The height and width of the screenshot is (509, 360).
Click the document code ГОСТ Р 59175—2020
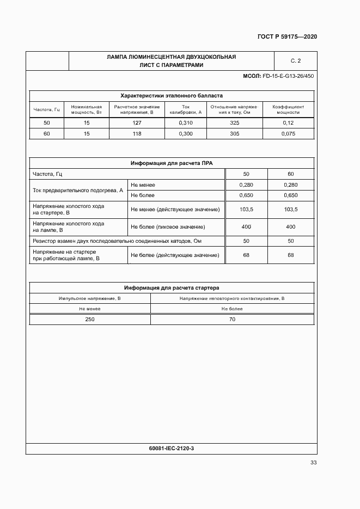point(287,37)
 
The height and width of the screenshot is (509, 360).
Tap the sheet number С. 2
point(296,61)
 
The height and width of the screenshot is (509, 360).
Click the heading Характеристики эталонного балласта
point(171,95)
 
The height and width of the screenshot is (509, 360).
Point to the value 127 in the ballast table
point(137,123)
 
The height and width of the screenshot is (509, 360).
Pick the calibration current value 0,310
point(186,123)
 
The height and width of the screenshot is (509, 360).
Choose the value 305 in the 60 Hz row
point(235,133)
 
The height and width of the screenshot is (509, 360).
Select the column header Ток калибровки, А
point(186,109)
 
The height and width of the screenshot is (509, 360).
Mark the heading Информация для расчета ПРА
point(171,163)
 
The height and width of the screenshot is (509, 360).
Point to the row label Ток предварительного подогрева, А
point(78,191)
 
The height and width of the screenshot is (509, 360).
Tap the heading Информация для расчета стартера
point(171,288)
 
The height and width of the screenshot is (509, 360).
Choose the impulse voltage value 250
point(89,320)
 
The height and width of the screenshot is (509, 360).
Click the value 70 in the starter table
point(232,320)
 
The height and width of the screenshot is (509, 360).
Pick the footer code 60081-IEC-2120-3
point(171,448)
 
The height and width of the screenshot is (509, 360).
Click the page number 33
point(313,463)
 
